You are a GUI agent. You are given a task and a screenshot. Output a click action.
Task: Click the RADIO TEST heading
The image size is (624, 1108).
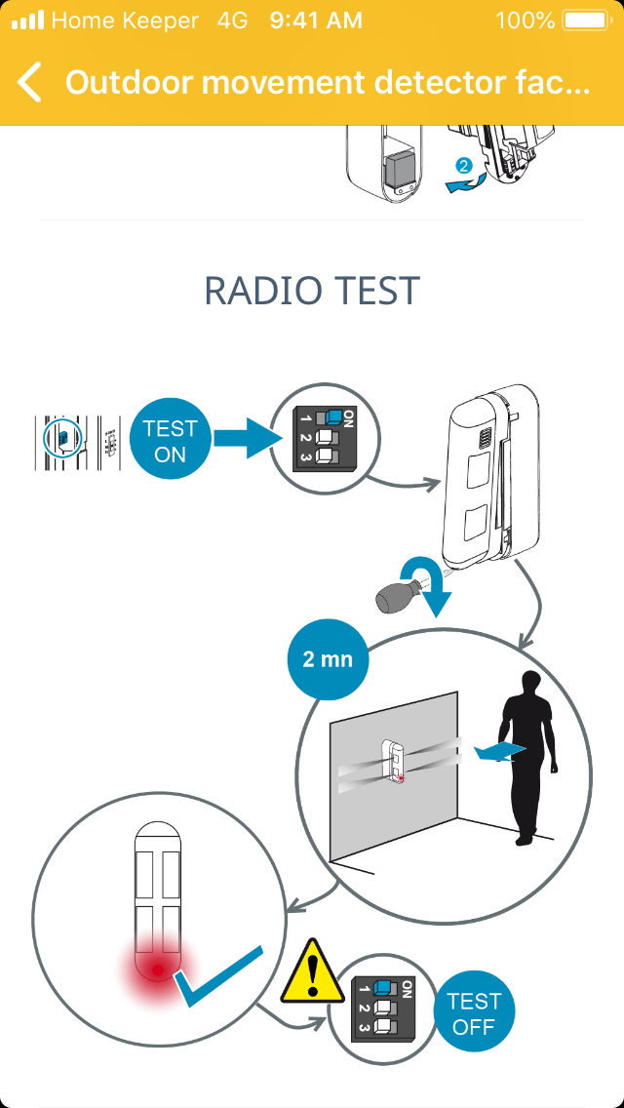pos(312,291)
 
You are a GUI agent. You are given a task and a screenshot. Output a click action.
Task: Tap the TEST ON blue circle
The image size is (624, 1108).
pos(170,442)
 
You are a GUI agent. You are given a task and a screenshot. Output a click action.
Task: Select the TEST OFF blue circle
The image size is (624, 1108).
pos(474,1013)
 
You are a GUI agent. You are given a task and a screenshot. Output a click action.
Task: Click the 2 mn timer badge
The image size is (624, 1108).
pos(328,659)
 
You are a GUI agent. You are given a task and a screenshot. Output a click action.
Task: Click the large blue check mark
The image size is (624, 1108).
pos(219,976)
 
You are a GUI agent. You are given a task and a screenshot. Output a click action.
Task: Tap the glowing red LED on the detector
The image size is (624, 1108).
pos(155,969)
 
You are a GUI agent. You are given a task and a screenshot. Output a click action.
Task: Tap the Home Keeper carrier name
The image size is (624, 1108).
pos(124,20)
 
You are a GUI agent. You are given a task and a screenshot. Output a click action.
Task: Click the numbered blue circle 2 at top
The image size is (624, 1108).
pos(465,166)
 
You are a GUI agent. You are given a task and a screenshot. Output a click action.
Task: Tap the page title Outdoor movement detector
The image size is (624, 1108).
pos(328,83)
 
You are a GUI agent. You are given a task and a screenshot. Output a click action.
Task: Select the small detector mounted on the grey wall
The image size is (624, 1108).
pos(395,761)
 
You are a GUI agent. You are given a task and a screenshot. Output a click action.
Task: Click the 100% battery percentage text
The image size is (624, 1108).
pos(525,20)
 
